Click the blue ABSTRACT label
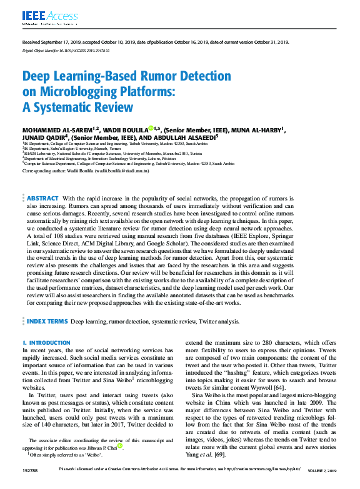click(43, 198)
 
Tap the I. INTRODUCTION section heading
click(46, 343)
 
